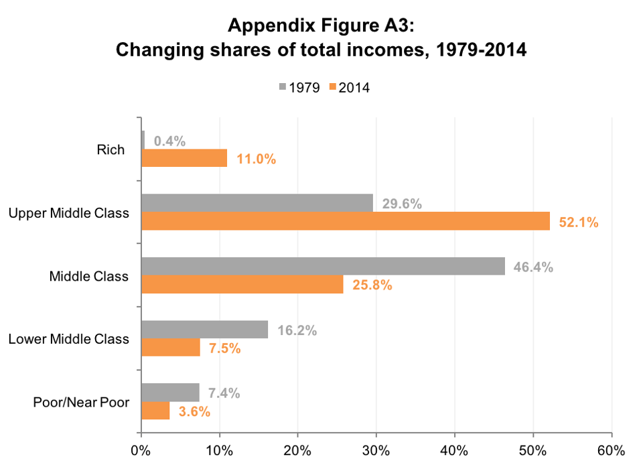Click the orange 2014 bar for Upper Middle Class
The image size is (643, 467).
(x=345, y=221)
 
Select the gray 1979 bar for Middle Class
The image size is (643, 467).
(x=323, y=266)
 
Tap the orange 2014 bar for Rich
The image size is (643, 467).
(x=184, y=158)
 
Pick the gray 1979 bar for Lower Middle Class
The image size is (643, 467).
(x=204, y=329)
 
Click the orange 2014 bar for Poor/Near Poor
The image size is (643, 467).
(x=155, y=410)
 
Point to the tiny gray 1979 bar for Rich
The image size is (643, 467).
(x=143, y=140)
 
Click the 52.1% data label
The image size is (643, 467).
(x=579, y=222)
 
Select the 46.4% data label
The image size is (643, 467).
(x=533, y=267)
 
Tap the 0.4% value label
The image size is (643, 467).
(x=169, y=141)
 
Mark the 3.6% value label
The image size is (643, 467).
(x=194, y=411)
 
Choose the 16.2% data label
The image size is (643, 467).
(x=297, y=330)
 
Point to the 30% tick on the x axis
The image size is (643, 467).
(x=376, y=449)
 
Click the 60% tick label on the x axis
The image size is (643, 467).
(x=611, y=449)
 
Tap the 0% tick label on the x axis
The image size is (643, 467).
(x=141, y=449)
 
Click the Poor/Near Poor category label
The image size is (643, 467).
(x=80, y=402)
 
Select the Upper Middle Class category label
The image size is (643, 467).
(x=68, y=213)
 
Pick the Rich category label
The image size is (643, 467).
(x=111, y=149)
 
